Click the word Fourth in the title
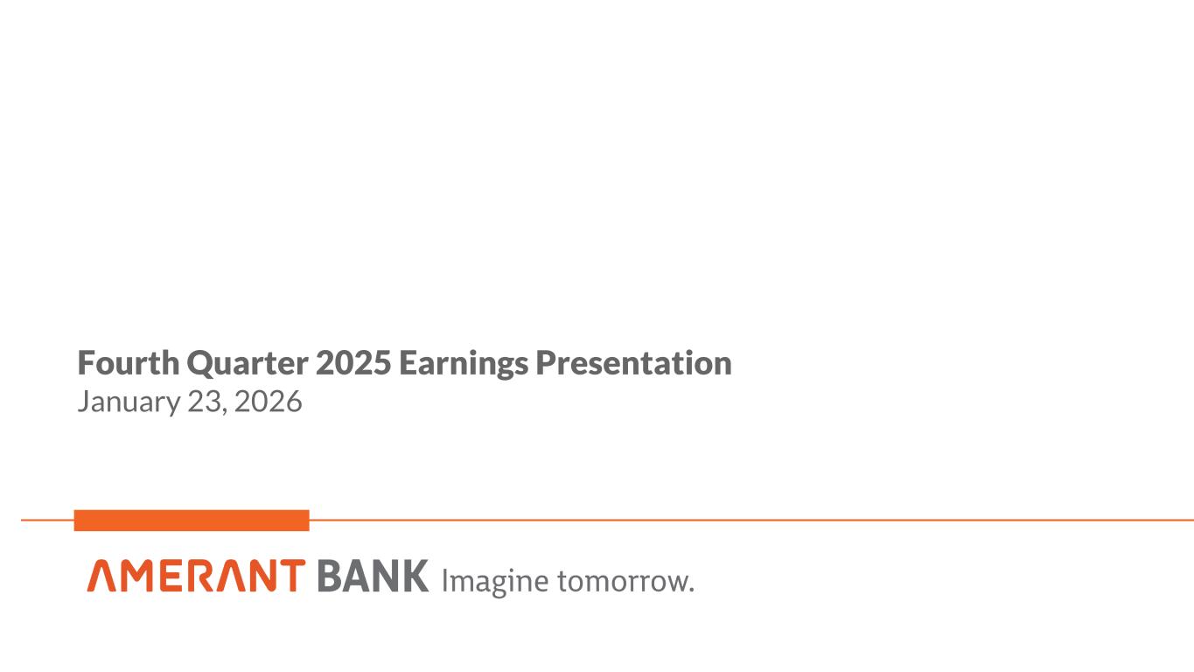129,362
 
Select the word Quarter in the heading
248,364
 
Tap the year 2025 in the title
353,362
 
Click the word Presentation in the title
634,362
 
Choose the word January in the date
129,402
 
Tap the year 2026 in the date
269,402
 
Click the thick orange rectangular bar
192,521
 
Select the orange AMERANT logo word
196,576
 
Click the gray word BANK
374,576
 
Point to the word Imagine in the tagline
495,582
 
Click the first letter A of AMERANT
101,576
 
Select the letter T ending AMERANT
290,576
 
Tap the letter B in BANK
330,576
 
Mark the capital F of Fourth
86,363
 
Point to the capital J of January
83,401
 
